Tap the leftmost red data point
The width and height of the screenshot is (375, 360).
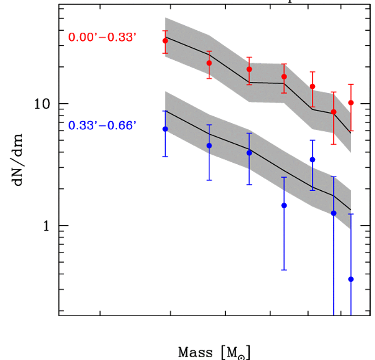[x=165, y=41]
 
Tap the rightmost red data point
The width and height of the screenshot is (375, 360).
[x=351, y=102]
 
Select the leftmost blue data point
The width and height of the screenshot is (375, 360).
[x=165, y=129]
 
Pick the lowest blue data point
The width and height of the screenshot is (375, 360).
[x=351, y=279]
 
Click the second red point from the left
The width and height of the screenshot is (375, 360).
[x=209, y=63]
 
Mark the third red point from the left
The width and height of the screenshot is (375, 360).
[x=249, y=69]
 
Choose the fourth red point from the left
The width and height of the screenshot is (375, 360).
[x=284, y=77]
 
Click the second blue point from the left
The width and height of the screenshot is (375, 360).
[x=209, y=145]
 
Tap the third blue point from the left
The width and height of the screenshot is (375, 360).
[x=249, y=153]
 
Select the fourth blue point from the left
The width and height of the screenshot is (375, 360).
[x=284, y=205]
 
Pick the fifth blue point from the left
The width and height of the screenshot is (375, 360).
[x=312, y=160]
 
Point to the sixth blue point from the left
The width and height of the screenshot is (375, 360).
[x=334, y=213]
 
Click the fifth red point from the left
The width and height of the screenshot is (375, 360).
[x=312, y=86]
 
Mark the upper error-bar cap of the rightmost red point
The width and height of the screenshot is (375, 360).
[x=351, y=84]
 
